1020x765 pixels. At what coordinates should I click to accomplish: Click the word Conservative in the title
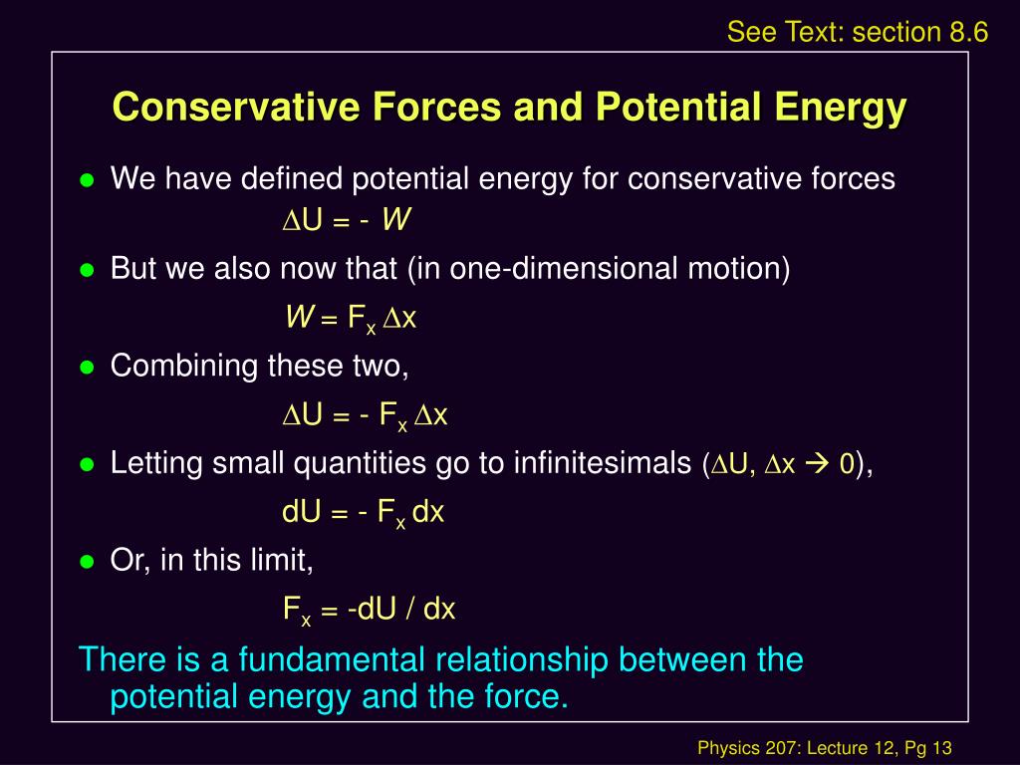[236, 106]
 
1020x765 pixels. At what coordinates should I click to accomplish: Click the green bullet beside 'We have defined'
[88, 179]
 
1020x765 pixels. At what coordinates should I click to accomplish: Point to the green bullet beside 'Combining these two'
[88, 368]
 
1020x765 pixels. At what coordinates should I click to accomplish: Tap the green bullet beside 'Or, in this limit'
[88, 562]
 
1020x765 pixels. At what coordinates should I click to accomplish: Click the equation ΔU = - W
[347, 220]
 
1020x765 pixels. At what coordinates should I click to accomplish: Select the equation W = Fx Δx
[351, 319]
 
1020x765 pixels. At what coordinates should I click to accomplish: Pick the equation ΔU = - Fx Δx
[365, 415]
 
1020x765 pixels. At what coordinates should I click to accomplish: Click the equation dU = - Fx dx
[363, 513]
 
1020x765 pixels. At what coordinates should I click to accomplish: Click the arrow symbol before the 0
[817, 464]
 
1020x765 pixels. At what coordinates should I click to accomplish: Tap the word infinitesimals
[603, 463]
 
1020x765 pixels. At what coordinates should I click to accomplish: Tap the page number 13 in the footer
[942, 748]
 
